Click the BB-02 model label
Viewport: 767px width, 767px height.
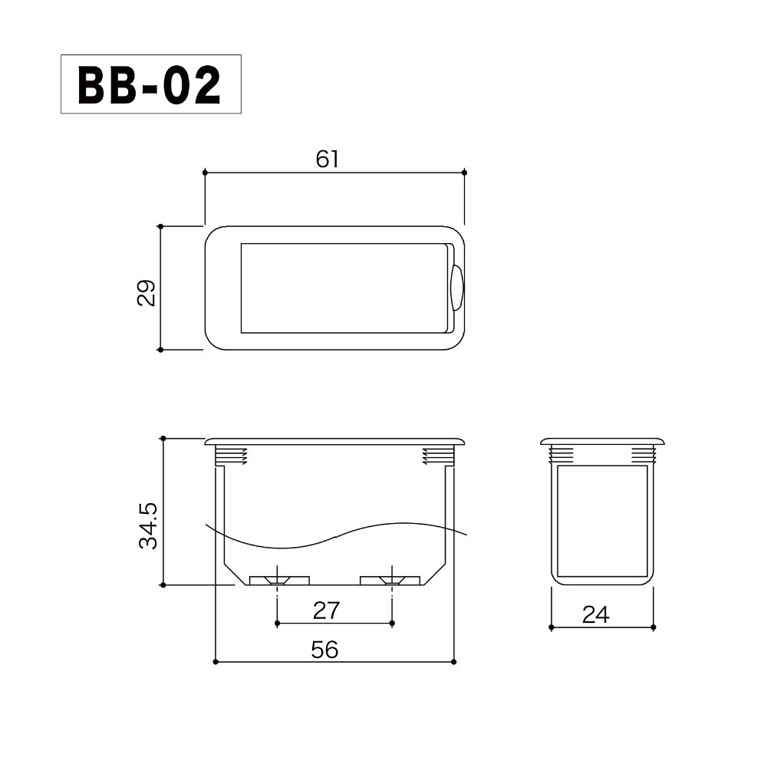point(150,84)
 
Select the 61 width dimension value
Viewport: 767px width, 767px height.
point(327,160)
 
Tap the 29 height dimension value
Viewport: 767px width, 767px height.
point(146,292)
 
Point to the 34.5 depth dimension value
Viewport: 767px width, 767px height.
point(148,525)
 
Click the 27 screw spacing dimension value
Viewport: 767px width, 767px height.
point(326,611)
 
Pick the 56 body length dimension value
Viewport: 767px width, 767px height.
point(324,650)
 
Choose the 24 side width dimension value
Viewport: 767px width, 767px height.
point(595,615)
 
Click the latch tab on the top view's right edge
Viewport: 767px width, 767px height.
point(457,288)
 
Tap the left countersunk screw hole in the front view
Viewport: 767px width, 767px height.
point(278,581)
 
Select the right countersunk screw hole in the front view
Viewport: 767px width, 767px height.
point(392,581)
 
